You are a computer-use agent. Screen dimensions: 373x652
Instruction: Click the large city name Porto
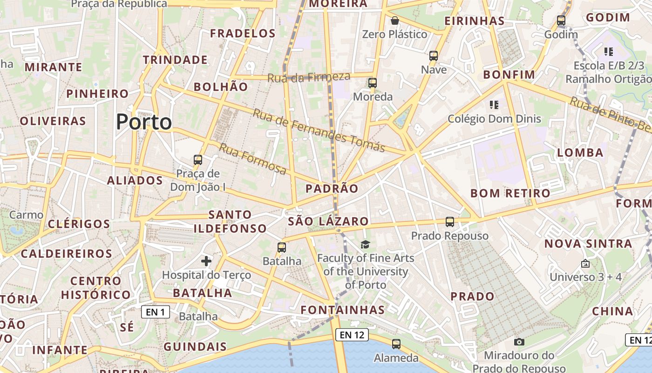[x=144, y=122]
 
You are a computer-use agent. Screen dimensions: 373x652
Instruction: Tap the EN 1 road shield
[x=155, y=312]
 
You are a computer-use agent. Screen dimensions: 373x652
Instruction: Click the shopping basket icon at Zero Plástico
[x=395, y=21]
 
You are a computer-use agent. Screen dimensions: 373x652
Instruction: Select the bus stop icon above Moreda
[x=372, y=83]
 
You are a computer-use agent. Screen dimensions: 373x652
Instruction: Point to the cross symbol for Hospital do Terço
[x=206, y=261]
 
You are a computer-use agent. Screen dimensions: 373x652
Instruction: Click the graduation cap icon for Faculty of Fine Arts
[x=365, y=244]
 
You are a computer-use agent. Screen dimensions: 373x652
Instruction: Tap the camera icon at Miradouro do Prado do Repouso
[x=519, y=342]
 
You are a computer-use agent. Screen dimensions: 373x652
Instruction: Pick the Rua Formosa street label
[x=252, y=159]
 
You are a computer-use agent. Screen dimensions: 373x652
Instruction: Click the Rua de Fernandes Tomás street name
[x=319, y=131]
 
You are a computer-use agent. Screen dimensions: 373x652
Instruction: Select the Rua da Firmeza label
[x=308, y=77]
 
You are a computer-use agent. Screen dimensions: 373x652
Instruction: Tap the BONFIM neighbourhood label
[x=509, y=75]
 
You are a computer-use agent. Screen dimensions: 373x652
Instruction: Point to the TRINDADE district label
[x=175, y=60]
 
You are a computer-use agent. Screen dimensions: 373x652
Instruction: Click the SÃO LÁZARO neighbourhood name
[x=328, y=221]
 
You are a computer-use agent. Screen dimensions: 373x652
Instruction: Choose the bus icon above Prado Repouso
[x=449, y=222]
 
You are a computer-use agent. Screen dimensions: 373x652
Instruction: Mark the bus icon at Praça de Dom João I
[x=198, y=160]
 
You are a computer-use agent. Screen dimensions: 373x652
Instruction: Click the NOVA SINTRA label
[x=588, y=243]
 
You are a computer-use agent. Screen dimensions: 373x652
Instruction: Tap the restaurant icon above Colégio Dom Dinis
[x=494, y=105]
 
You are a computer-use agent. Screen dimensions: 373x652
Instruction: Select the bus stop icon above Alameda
[x=396, y=344]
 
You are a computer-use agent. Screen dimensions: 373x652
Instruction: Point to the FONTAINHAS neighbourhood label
[x=343, y=310]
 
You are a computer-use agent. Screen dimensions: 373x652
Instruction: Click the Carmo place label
[x=26, y=215]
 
